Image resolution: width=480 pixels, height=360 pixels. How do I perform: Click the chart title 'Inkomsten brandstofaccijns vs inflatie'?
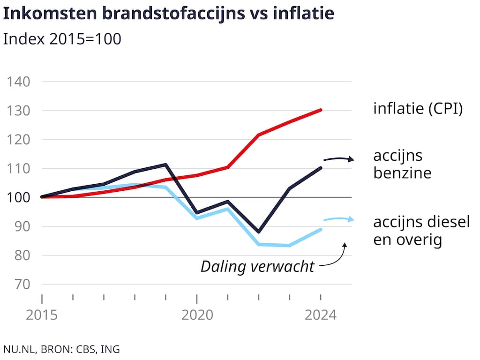[169, 14]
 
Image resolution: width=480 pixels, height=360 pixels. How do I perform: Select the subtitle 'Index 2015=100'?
[62, 39]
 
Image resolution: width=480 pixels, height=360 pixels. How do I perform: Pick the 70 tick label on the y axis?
[23, 285]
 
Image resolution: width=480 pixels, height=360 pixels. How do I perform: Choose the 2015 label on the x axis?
[42, 315]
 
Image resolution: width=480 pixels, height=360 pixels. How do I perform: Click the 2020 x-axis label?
[197, 315]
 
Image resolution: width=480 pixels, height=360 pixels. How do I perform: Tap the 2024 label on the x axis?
[321, 315]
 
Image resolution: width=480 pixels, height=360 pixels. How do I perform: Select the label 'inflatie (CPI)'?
[418, 109]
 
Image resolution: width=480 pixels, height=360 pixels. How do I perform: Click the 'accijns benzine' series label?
[402, 165]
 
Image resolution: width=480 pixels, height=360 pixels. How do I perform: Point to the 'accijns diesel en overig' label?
[421, 231]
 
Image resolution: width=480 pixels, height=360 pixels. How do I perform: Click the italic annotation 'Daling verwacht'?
[257, 267]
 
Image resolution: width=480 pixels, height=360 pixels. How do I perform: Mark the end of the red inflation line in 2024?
[321, 110]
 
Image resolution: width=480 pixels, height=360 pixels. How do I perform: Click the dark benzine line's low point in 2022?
[259, 232]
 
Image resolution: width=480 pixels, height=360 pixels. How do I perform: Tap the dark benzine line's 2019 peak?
[166, 165]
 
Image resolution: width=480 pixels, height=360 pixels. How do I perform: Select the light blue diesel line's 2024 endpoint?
[321, 229]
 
